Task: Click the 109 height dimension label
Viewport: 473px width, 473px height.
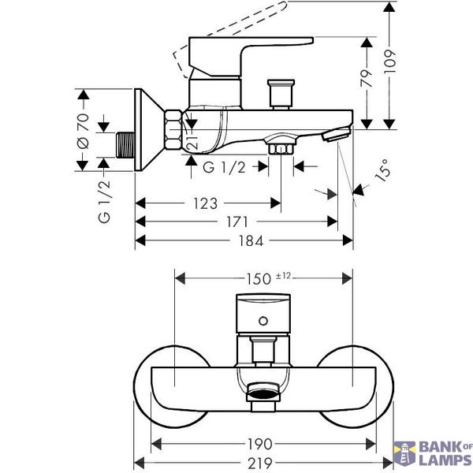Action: pos(389,61)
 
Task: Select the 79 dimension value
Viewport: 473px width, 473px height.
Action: pos(367,78)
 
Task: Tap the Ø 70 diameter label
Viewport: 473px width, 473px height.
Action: pos(84,131)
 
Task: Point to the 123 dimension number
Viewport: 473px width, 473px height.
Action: pos(205,203)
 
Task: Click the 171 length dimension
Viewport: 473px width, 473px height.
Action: pos(237,222)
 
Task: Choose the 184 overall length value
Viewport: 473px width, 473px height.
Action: pos(251,241)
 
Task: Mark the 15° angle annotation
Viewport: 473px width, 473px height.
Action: pos(383,170)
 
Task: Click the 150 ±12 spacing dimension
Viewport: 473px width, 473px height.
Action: pos(269,278)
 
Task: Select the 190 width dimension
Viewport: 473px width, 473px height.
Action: pos(260,444)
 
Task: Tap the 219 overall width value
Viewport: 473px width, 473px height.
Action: pos(260,463)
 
